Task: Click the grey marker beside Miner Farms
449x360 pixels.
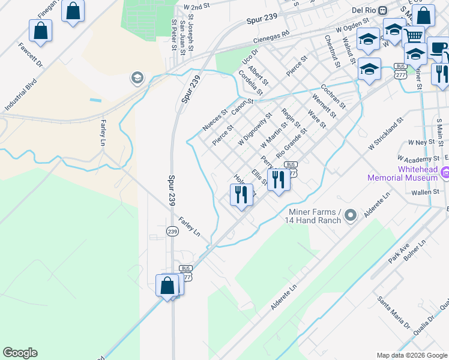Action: (352, 215)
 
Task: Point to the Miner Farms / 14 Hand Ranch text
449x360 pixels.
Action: (315, 216)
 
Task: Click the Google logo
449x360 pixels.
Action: (20, 353)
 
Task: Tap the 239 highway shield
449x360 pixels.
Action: (172, 232)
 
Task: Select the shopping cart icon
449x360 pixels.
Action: (413, 35)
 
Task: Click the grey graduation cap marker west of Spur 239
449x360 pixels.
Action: (137, 77)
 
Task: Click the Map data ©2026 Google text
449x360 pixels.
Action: (412, 355)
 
